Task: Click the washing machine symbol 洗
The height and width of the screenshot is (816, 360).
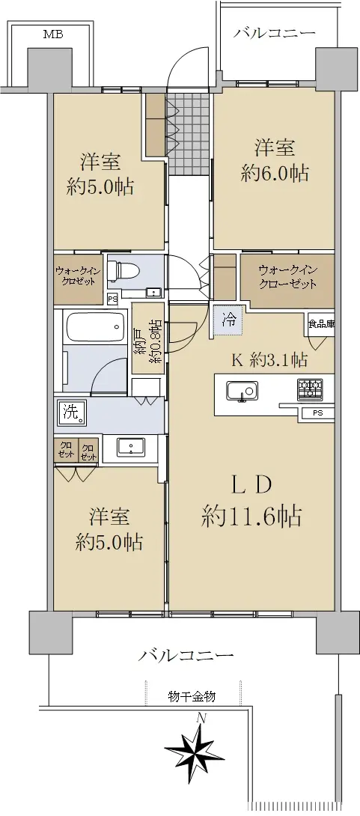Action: (72, 412)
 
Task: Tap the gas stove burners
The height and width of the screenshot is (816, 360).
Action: (311, 389)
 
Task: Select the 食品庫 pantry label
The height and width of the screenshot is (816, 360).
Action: (320, 323)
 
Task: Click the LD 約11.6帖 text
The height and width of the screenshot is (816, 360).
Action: (251, 501)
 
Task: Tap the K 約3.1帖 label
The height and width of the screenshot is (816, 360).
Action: (269, 359)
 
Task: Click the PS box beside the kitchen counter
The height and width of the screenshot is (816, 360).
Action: (317, 415)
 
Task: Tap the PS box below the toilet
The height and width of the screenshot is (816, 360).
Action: (112, 299)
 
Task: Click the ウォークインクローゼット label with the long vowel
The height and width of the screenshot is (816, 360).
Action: (287, 277)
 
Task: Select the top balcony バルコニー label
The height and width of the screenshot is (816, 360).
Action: (274, 33)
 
